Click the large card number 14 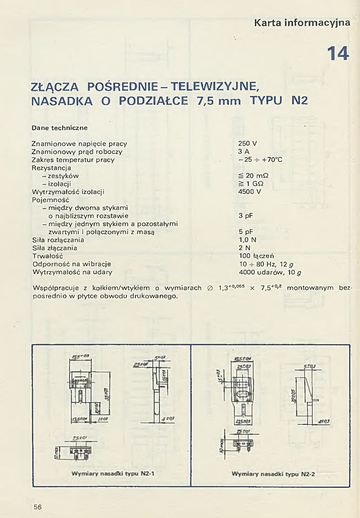[x=338, y=54]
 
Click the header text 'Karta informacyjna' [x=302, y=23]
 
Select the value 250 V [x=248, y=144]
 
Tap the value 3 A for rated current [x=244, y=151]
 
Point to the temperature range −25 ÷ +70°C [x=260, y=159]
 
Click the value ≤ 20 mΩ [x=253, y=176]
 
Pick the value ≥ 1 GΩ [x=251, y=183]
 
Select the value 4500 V [x=249, y=191]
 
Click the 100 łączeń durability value [x=256, y=256]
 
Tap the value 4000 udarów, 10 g [x=270, y=272]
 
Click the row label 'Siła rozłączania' [x=58, y=240]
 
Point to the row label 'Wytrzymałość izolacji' [x=68, y=192]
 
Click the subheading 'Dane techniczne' [x=59, y=128]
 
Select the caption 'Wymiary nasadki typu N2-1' [x=113, y=473]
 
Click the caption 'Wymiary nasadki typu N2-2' [x=273, y=474]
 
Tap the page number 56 [x=38, y=507]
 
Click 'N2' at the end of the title [x=300, y=100]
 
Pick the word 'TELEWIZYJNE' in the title [x=215, y=86]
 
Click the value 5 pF [x=246, y=232]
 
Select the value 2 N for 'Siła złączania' [x=244, y=248]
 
